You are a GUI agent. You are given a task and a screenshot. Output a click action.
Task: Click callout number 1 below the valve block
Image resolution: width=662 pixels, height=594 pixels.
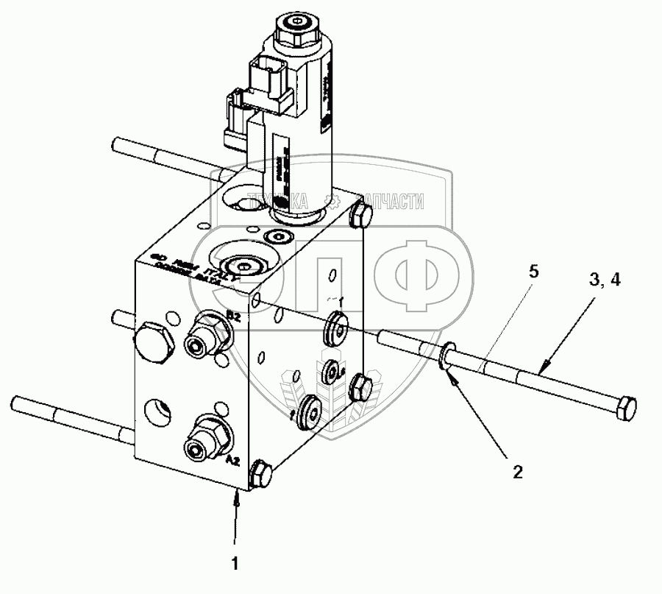pos(235,565)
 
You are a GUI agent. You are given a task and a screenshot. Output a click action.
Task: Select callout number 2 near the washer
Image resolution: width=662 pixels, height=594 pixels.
pos(517,472)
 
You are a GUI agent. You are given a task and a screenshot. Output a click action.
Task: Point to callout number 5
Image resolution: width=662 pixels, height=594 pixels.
pos(534,272)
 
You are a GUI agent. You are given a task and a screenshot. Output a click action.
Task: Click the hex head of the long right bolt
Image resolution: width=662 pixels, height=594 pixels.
pos(624,409)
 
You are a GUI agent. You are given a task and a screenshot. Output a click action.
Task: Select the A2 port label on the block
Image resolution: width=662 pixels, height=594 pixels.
pos(232,460)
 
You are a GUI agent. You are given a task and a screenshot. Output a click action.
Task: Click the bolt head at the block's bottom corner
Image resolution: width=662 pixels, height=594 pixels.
pos(260,474)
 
